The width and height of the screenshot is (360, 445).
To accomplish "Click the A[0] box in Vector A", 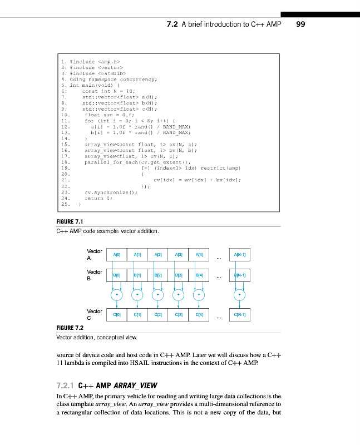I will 117,255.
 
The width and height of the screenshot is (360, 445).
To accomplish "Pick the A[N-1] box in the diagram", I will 240,255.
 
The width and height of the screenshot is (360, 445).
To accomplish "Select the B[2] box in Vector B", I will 159,275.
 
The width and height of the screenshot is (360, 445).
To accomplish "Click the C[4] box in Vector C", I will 200,315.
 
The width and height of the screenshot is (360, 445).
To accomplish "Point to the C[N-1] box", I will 240,315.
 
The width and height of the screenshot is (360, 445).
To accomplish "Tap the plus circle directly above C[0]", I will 117,295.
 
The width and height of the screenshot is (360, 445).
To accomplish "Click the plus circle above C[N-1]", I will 240,295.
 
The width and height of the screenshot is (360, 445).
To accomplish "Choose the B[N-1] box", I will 240,275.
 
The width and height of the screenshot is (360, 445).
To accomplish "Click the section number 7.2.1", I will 66,385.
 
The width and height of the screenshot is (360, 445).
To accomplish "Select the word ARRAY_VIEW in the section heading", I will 136,385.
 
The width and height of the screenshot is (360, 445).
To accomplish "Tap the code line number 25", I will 65,204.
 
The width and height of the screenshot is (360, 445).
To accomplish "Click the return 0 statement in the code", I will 98,198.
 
